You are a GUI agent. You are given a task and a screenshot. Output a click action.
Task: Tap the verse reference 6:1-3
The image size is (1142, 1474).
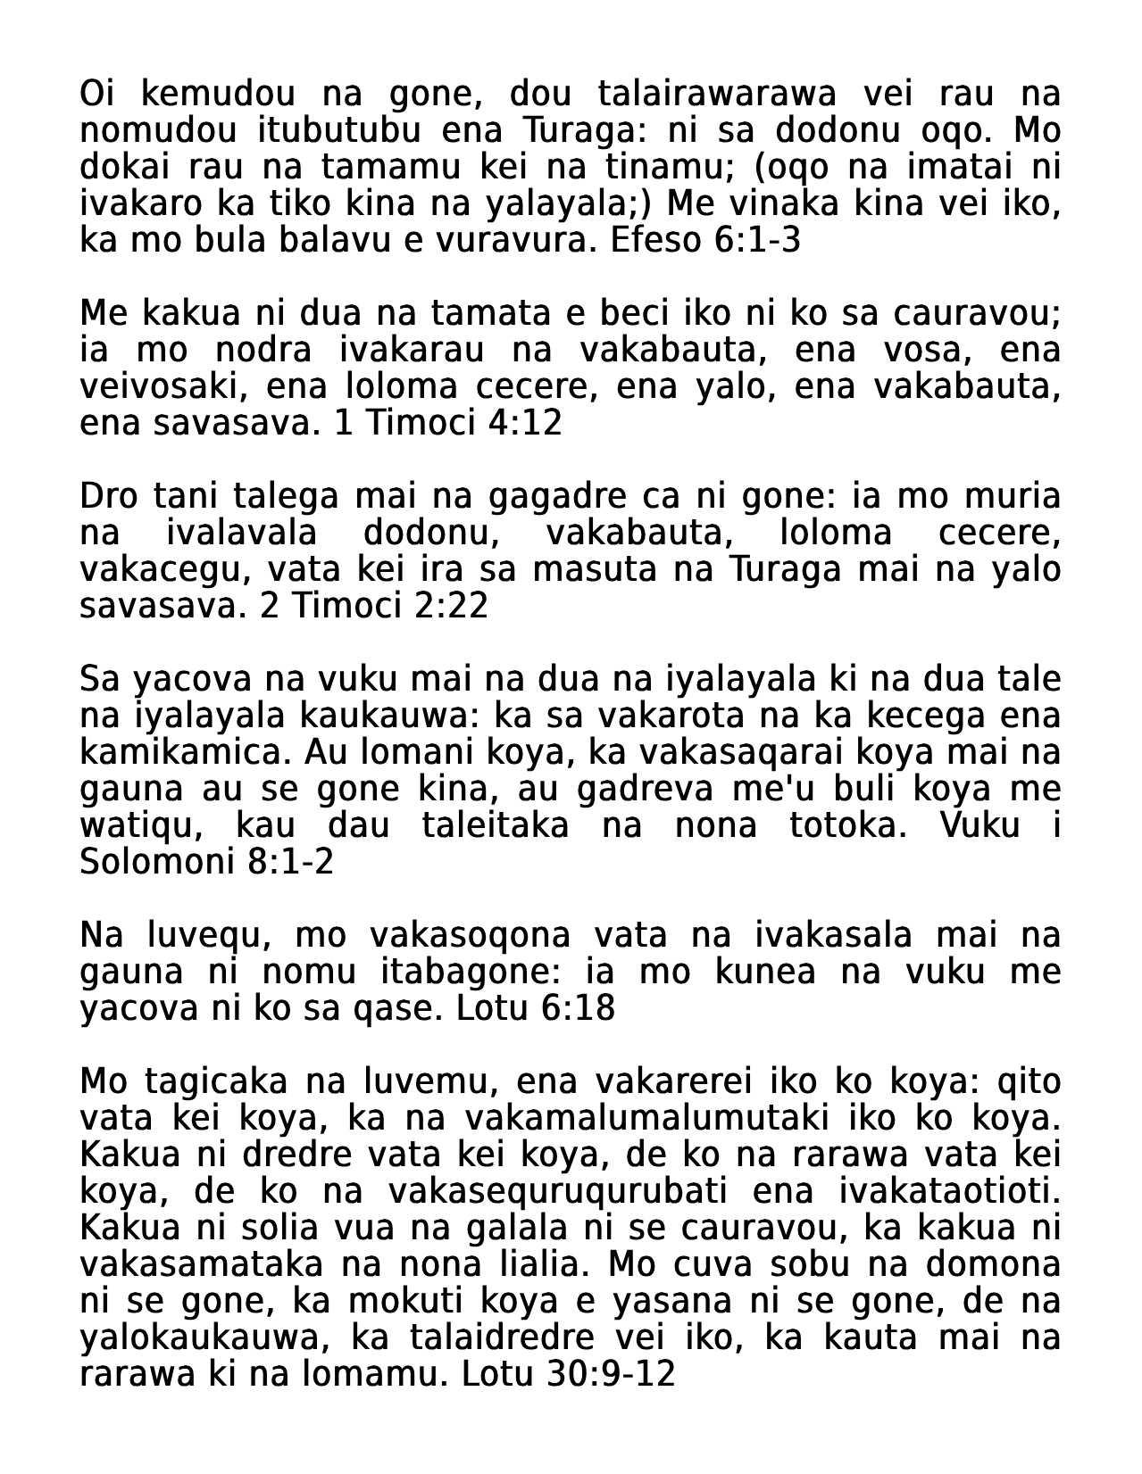pyautogui.click(x=758, y=241)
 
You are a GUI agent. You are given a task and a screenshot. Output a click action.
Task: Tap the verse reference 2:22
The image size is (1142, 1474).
pyautogui.click(x=451, y=606)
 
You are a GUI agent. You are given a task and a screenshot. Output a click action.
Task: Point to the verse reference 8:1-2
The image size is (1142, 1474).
pyautogui.click(x=295, y=862)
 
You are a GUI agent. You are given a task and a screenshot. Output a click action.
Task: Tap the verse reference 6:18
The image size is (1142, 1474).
pyautogui.click(x=578, y=1008)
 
